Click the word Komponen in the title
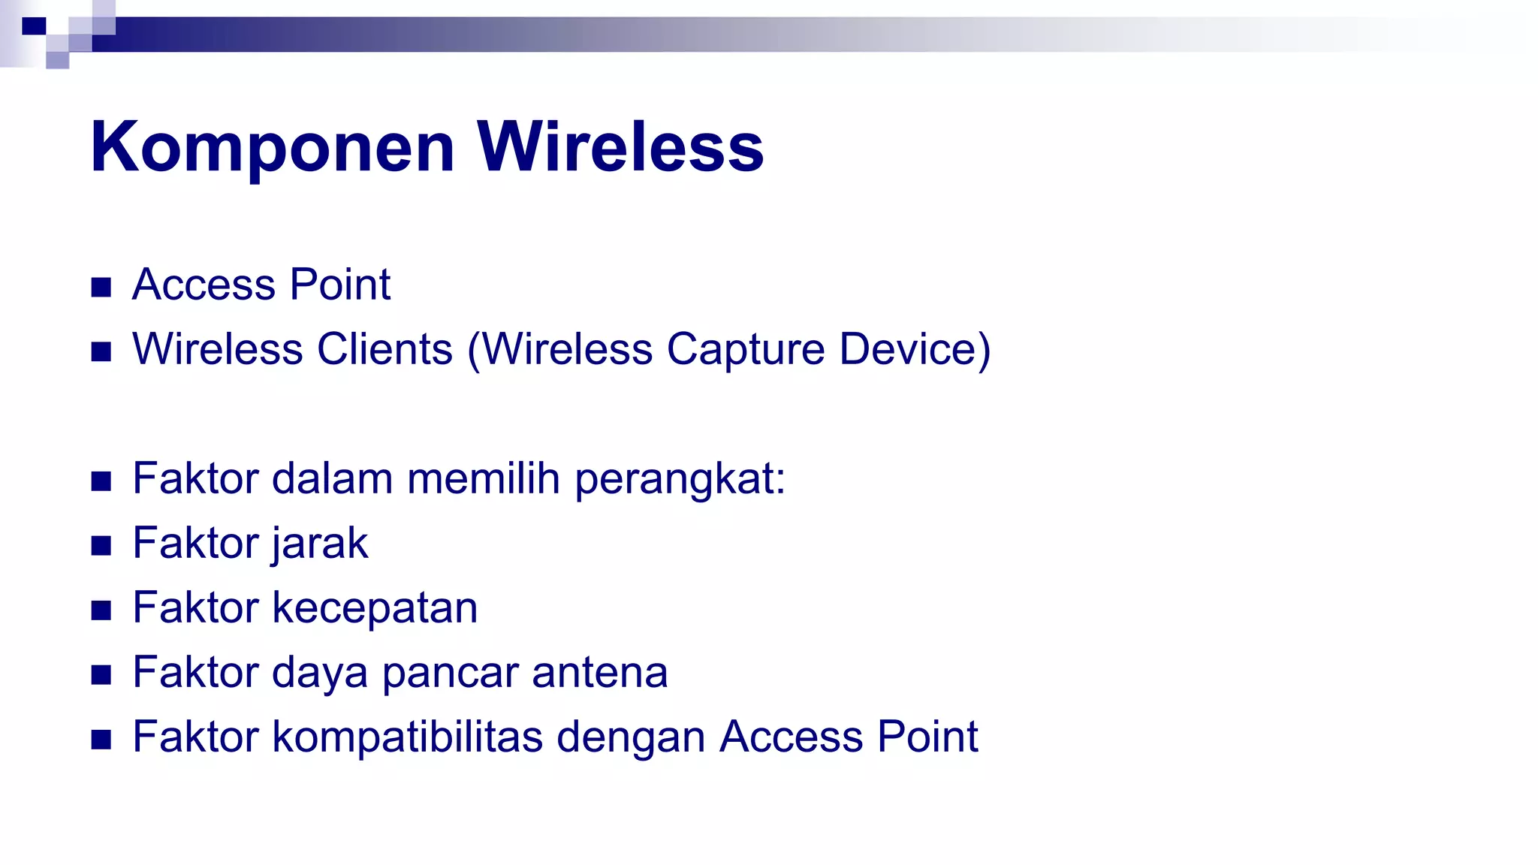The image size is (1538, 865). tap(272, 147)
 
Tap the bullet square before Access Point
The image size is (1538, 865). tap(101, 287)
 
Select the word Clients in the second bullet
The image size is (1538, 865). tap(384, 349)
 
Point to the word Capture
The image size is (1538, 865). tap(745, 349)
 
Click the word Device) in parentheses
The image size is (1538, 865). tap(915, 349)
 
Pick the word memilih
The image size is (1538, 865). tap(484, 478)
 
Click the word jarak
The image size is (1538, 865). tap(319, 544)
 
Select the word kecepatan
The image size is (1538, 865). tap(375, 608)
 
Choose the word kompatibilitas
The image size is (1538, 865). tap(407, 737)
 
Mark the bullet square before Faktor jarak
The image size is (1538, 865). tap(101, 545)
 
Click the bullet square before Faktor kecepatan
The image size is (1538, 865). tap(101, 610)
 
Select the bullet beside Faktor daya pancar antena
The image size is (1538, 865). tap(101, 674)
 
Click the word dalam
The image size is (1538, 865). tap(332, 478)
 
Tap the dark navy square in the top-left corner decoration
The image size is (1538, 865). tap(34, 26)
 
